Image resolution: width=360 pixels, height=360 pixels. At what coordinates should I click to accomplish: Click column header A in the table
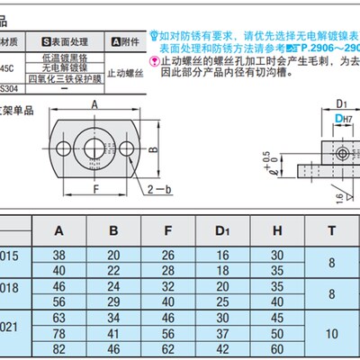[59, 229]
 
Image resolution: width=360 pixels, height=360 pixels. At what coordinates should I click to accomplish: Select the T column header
[333, 229]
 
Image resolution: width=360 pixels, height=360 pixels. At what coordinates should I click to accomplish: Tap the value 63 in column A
[59, 317]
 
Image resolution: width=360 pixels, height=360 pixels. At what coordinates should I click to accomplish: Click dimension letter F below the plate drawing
[94, 188]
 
